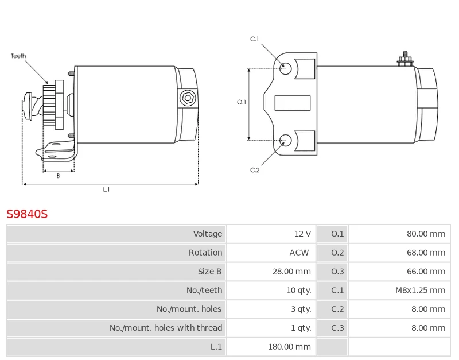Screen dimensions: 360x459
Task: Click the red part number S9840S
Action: (27, 214)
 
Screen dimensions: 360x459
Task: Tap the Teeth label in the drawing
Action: (18, 56)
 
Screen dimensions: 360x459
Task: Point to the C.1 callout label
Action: (255, 39)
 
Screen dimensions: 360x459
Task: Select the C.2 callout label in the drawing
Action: (255, 170)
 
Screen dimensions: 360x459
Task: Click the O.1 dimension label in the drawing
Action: (242, 102)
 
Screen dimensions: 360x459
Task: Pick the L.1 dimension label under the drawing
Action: (106, 189)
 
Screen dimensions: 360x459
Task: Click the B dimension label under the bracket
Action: (58, 176)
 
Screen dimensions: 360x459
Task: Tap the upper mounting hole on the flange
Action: (286, 68)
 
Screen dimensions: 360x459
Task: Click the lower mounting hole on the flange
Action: (286, 139)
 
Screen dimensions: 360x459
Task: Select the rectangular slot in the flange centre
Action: (293, 103)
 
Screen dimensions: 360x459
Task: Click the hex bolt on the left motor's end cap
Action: (187, 98)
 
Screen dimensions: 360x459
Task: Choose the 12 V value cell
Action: (302, 234)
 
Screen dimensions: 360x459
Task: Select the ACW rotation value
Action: (299, 253)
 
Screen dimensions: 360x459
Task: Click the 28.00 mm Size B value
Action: (291, 272)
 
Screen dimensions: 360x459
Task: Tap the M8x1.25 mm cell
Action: (420, 290)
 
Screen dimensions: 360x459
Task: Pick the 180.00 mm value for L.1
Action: (289, 347)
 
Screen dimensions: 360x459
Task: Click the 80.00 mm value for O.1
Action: (426, 234)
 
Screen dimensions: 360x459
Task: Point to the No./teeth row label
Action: (204, 290)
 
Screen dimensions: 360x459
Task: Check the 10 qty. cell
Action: (298, 290)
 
